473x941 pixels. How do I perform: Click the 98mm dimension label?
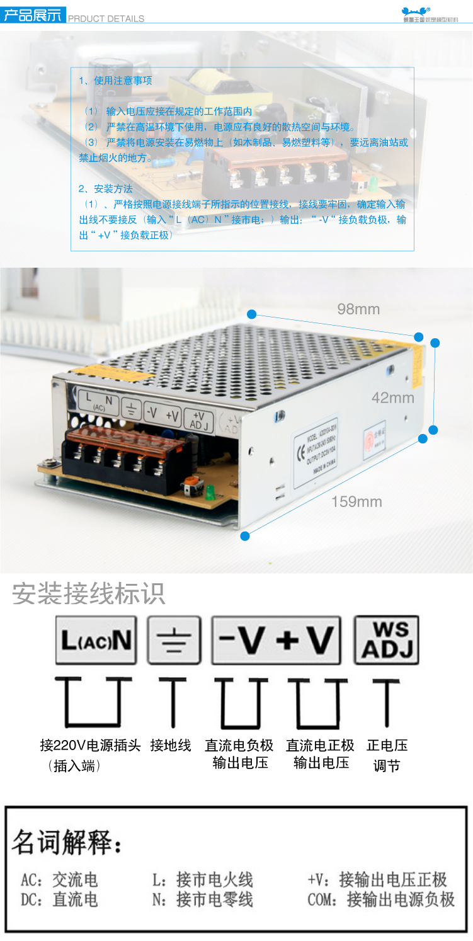pos(358,309)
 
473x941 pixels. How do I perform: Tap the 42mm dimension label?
pos(393,398)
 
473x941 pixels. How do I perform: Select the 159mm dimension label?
pos(356,502)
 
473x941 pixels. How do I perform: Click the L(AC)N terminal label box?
pos(96,640)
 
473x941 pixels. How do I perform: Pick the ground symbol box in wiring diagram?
pos(174,640)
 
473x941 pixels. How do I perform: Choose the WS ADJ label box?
pos(386,640)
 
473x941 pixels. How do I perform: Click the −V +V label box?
pos(276,640)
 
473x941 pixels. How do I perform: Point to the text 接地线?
pos(170,746)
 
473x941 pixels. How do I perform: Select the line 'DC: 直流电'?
pos(59,899)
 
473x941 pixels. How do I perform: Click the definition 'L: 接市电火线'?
pos(202,879)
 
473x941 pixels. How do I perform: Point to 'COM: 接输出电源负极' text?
pos(380,899)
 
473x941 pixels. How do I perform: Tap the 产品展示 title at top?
pos(33,15)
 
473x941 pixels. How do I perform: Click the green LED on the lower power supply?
pos(210,494)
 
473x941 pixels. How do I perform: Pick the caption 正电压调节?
pos(387,755)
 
